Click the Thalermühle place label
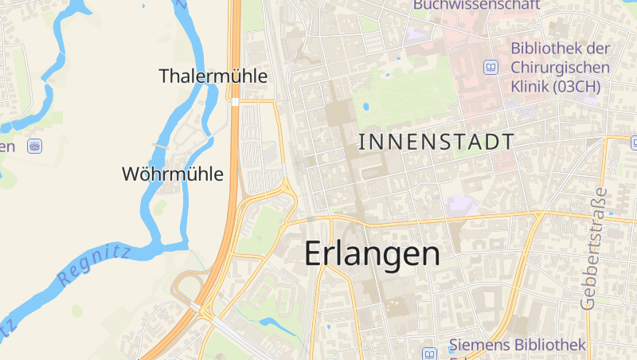click(213, 76)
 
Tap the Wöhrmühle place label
click(173, 174)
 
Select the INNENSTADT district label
click(436, 143)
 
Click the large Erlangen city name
click(372, 254)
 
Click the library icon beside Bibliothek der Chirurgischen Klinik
click(491, 68)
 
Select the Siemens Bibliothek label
click(518, 345)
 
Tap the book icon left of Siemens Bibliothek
click(430, 353)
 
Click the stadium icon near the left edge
click(34, 146)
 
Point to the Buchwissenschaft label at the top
click(476, 5)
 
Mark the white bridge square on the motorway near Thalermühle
click(235, 102)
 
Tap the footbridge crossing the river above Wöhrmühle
click(160, 147)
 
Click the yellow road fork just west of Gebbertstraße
click(539, 216)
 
